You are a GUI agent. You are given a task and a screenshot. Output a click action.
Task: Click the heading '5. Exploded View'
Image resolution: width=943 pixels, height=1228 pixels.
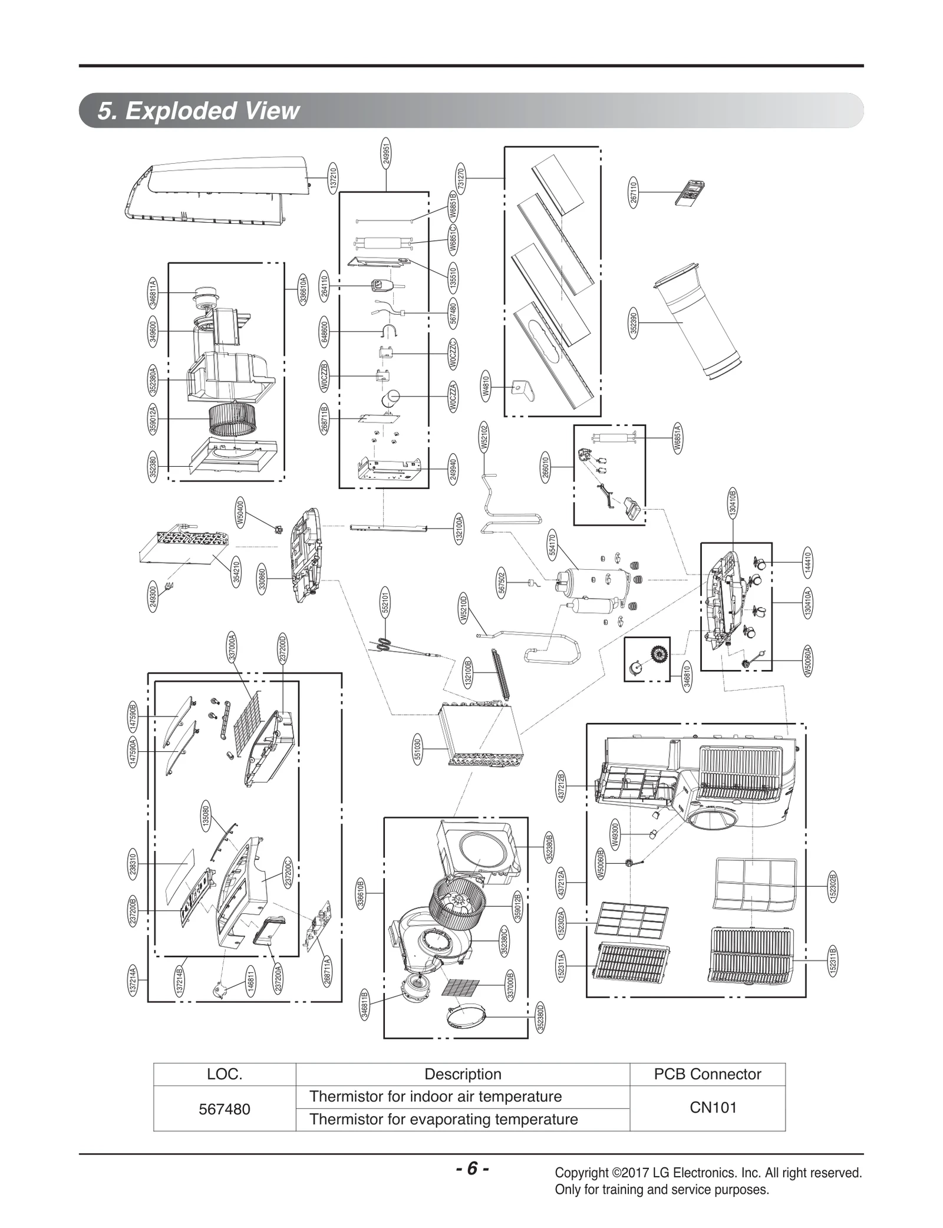(199, 111)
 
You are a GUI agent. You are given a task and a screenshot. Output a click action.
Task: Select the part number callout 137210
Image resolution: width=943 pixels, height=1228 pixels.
(333, 177)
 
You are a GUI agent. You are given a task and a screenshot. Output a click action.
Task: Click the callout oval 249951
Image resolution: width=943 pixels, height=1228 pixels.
(386, 153)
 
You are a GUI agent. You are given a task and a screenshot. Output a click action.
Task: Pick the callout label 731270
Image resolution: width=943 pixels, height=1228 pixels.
(461, 178)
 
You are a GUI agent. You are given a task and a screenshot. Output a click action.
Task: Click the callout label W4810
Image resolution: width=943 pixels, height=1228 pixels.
(486, 386)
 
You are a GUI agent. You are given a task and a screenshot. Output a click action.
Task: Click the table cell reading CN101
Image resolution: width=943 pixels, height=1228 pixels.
(713, 1108)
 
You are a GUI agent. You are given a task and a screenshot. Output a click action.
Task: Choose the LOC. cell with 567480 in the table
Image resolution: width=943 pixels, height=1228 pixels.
(225, 1109)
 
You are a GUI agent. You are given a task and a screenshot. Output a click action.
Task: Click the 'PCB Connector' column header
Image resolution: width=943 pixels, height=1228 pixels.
(707, 1074)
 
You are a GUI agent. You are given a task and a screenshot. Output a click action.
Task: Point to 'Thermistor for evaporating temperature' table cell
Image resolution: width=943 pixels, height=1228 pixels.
(443, 1119)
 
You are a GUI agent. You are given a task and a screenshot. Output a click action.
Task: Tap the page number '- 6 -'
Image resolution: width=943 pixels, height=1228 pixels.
(472, 1168)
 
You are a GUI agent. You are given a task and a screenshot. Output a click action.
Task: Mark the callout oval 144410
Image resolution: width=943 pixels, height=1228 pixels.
(808, 563)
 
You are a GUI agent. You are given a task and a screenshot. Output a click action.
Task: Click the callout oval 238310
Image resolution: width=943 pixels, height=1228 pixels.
(133, 864)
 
